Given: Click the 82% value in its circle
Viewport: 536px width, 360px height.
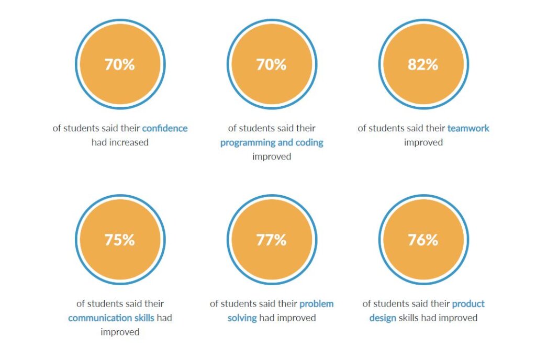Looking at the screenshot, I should (422, 64).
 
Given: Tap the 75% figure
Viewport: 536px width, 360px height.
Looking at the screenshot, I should (120, 240).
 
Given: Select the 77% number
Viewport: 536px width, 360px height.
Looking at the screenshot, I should (271, 240).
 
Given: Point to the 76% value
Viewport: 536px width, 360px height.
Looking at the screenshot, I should (422, 240).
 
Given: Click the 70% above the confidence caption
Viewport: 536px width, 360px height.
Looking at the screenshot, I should (120, 64).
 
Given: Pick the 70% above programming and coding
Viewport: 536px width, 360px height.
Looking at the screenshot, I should (271, 64).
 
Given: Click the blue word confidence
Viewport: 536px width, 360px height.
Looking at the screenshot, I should (164, 128).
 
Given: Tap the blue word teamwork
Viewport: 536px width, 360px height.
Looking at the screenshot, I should (468, 128).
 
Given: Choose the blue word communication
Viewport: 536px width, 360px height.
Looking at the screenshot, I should (99, 318).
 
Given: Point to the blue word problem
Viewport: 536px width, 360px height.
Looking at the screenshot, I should (316, 303).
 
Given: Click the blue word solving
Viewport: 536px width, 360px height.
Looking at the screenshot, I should (242, 318).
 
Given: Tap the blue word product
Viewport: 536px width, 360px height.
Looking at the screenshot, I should (468, 303).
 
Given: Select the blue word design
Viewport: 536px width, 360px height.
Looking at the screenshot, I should (382, 318).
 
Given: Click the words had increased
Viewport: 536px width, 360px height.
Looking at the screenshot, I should (120, 142).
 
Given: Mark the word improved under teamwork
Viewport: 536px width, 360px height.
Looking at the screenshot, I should (423, 142).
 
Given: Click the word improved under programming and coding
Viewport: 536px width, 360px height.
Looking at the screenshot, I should (271, 156).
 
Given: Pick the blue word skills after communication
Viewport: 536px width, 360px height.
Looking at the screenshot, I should (144, 318).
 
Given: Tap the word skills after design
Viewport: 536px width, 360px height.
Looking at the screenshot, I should (410, 318).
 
